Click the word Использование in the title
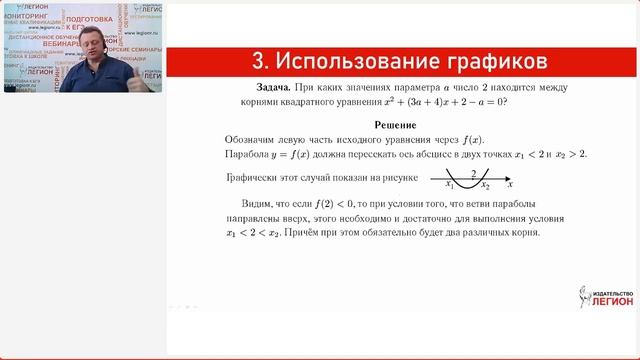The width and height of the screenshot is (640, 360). coord(363,61)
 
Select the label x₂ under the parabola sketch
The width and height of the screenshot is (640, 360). coord(484,185)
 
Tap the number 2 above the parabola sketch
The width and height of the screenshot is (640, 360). coord(472,172)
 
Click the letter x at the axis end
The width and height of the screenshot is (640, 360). coord(510,185)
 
